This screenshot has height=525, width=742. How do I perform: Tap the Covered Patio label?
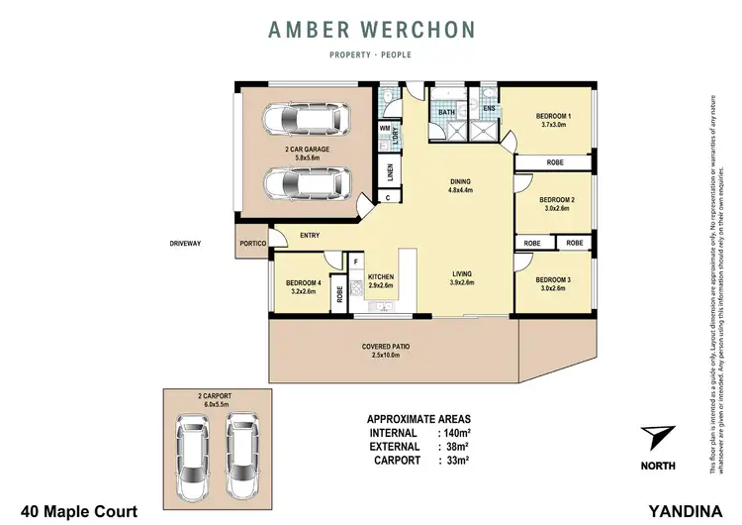[386, 346]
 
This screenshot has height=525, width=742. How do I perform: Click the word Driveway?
[184, 243]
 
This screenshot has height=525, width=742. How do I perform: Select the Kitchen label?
[381, 276]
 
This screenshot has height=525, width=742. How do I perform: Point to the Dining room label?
[460, 181]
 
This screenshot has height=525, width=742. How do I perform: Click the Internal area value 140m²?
[456, 433]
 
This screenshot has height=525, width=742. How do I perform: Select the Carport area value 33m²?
[454, 461]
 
